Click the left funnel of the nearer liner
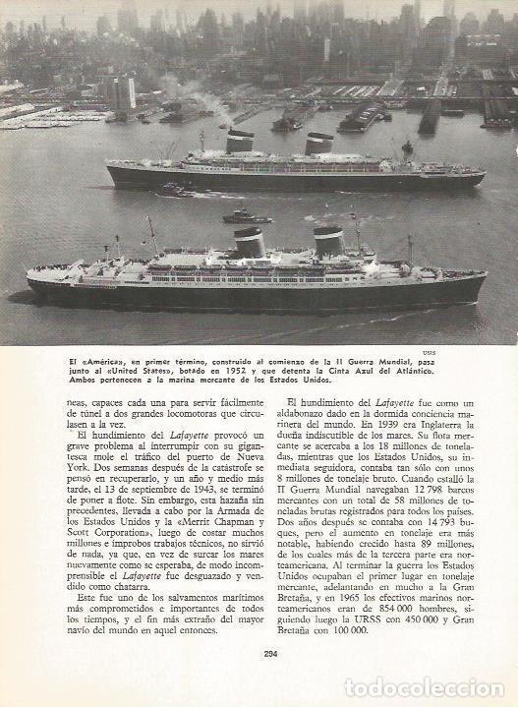[250, 242]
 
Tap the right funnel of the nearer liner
[328, 240]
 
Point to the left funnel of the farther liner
[240, 142]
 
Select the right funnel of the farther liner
[318, 144]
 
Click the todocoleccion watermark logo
[425, 687]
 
